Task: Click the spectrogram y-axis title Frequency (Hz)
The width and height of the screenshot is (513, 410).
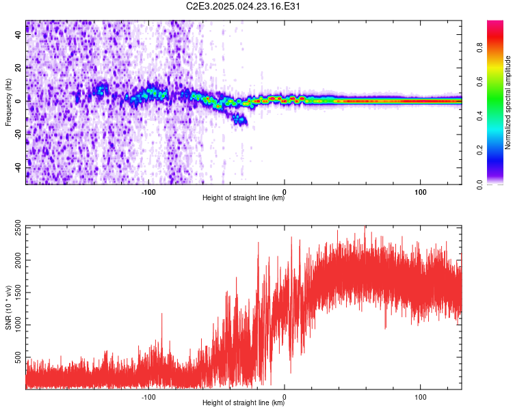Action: click(x=8, y=102)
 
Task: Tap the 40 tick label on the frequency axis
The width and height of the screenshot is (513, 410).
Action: click(x=18, y=36)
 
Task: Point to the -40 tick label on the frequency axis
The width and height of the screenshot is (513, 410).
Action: click(x=18, y=167)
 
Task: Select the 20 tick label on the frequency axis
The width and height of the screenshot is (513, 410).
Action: click(x=18, y=68)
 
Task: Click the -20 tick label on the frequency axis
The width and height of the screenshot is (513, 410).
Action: click(x=18, y=135)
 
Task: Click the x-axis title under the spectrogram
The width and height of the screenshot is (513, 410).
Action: click(x=244, y=198)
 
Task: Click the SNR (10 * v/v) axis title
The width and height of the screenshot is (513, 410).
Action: click(x=8, y=307)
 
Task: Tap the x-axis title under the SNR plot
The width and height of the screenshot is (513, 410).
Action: click(x=244, y=403)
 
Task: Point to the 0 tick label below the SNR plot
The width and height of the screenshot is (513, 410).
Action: click(x=285, y=396)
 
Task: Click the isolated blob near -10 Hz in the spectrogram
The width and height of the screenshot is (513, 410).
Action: click(x=239, y=120)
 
